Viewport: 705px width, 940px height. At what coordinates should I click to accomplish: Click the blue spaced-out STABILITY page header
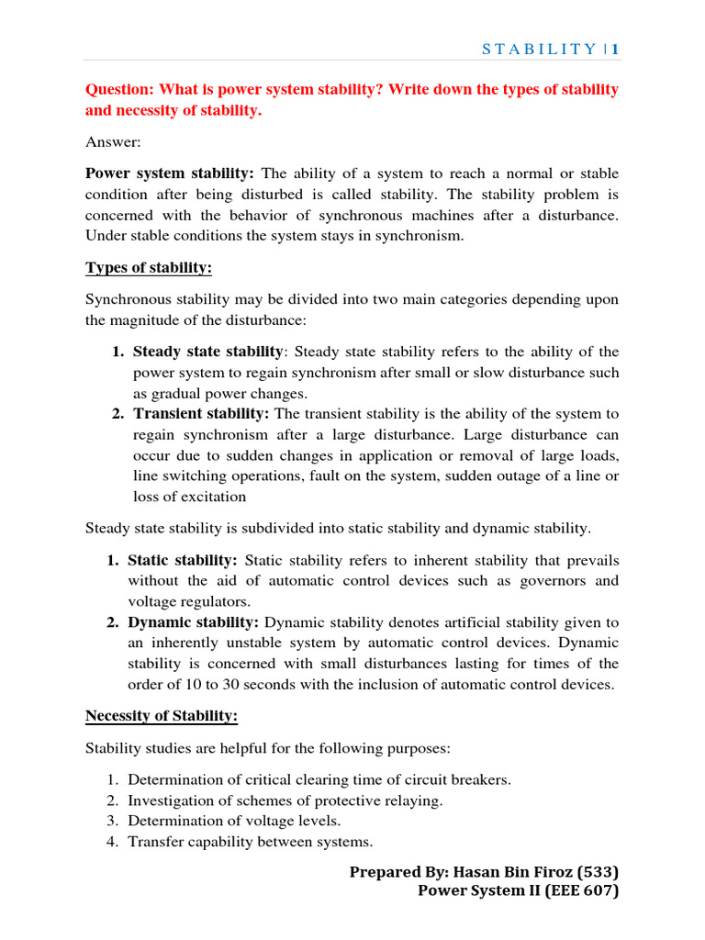tap(540, 50)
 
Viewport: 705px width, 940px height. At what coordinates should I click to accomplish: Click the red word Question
tap(119, 89)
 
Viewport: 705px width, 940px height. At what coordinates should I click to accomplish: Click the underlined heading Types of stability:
tap(149, 267)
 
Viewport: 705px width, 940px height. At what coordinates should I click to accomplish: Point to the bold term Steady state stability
tap(208, 352)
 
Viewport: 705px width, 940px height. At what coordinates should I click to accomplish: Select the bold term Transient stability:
tap(201, 414)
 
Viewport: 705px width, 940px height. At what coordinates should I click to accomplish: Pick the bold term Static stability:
tap(183, 560)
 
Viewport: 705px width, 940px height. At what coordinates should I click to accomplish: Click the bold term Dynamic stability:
tap(193, 622)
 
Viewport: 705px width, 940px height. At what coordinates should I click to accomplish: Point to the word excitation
tap(213, 497)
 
